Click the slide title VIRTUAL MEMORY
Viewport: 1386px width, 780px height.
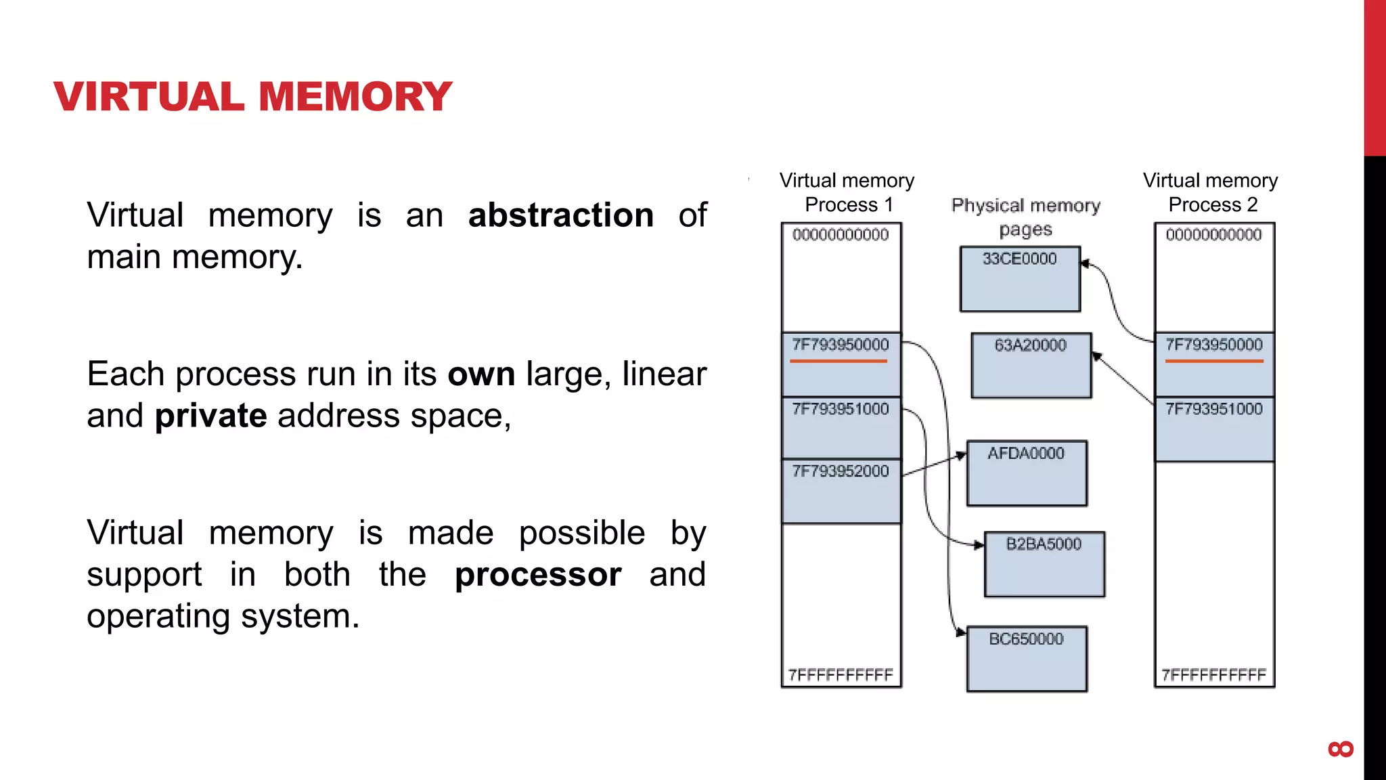point(252,96)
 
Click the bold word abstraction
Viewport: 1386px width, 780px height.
point(560,215)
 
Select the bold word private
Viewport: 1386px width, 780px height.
point(210,416)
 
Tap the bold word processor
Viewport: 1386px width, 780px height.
point(538,575)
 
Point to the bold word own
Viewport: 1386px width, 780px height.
point(481,374)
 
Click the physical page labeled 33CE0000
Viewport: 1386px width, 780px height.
point(1020,279)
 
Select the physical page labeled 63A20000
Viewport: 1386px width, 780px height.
point(1031,366)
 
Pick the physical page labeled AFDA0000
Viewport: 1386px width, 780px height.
point(1027,473)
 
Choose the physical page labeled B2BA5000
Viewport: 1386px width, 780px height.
point(1044,564)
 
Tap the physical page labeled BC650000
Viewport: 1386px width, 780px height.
point(1027,659)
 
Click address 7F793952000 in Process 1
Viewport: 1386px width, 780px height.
point(841,471)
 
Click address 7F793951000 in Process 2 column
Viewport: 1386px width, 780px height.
point(1214,409)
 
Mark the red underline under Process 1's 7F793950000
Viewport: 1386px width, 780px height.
point(839,361)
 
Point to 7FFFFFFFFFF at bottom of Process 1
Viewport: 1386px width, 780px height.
point(841,675)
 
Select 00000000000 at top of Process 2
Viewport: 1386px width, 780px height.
point(1214,235)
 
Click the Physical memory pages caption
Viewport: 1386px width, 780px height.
point(1026,217)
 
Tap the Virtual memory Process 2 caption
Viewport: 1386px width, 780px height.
point(1211,192)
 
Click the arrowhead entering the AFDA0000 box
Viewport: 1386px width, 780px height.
point(962,456)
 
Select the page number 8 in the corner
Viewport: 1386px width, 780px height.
point(1341,749)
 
